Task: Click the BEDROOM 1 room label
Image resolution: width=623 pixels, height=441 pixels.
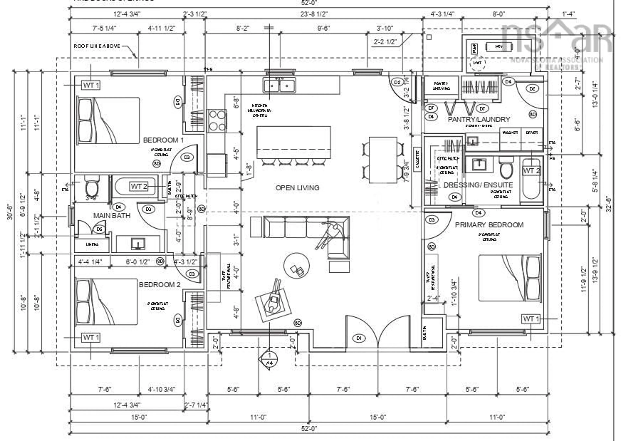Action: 163,140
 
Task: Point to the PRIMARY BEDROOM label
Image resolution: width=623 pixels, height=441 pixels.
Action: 489,225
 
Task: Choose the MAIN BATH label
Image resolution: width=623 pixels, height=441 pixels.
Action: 112,216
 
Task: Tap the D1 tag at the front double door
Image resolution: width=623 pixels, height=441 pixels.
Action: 359,338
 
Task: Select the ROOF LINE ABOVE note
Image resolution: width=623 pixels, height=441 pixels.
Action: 97,46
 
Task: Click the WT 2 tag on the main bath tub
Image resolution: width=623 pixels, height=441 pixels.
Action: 139,186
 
